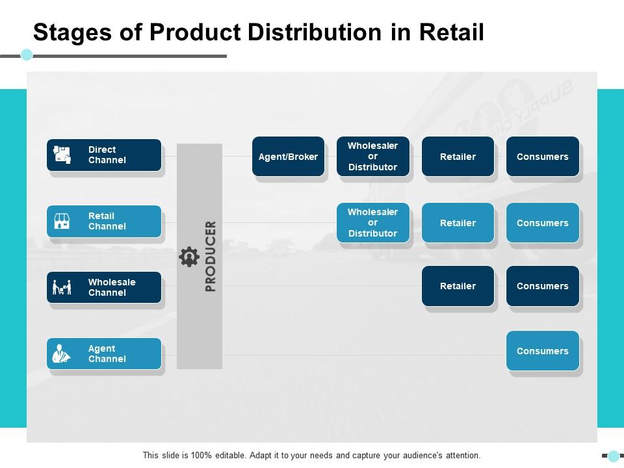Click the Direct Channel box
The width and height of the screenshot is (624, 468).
104,155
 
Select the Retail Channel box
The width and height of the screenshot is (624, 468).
104,221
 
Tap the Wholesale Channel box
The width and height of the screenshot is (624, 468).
104,287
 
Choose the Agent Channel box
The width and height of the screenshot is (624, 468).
104,354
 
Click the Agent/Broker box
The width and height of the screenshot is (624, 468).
288,157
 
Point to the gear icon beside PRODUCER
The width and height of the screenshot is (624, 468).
189,257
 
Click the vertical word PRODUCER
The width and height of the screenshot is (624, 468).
211,256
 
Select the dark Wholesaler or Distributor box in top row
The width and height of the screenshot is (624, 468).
373,157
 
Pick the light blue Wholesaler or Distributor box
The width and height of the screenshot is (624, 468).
373,223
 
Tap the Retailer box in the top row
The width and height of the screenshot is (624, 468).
458,157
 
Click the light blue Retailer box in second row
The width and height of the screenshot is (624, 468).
458,223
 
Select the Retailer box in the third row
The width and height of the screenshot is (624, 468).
458,286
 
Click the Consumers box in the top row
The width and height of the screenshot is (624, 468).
543,157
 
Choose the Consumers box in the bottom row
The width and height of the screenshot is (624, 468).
543,351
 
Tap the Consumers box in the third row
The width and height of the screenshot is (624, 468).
543,286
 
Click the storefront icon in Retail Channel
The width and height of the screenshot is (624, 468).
62,221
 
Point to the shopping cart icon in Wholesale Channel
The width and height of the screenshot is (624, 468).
62,287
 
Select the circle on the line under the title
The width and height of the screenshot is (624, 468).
27,55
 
